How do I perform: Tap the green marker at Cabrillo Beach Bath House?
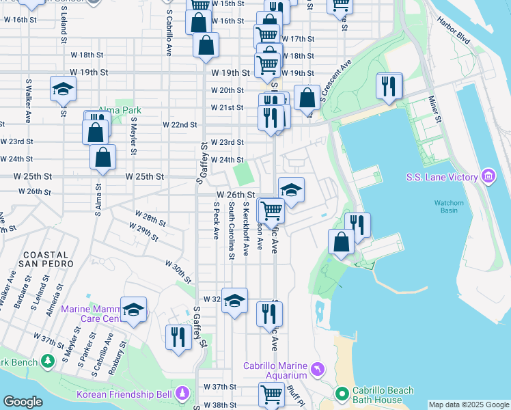342,394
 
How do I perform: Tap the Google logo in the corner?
23,402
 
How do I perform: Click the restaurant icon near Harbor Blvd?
389,86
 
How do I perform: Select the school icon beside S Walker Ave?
63,89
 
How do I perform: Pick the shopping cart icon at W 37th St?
271,394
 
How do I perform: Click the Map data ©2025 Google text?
469,405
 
